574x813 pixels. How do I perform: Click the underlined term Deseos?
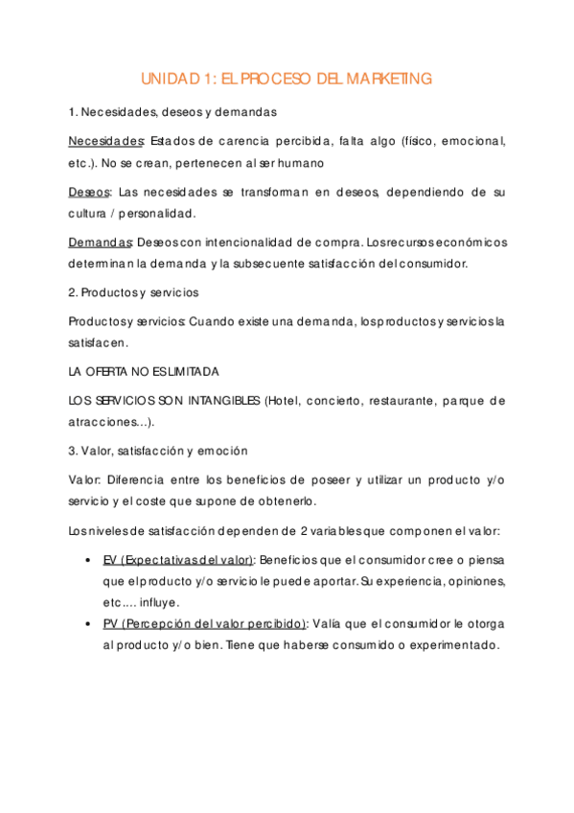90,192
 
